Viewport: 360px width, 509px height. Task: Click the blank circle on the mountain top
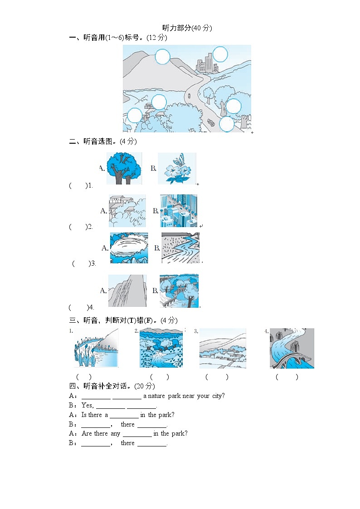point(162,57)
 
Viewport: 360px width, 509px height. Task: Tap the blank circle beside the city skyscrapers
point(220,54)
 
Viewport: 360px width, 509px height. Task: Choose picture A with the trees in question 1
point(124,168)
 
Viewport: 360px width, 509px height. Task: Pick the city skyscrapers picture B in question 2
point(179,211)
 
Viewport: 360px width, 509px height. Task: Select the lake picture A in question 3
point(129,248)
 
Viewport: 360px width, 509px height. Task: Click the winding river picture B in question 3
point(180,248)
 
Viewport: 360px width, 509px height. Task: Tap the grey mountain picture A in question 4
point(127,291)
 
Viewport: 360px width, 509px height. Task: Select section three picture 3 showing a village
point(223,348)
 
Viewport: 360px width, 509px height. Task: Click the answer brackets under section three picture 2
point(160,377)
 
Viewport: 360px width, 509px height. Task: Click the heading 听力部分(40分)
point(187,28)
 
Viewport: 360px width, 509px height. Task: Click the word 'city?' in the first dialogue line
point(218,396)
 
